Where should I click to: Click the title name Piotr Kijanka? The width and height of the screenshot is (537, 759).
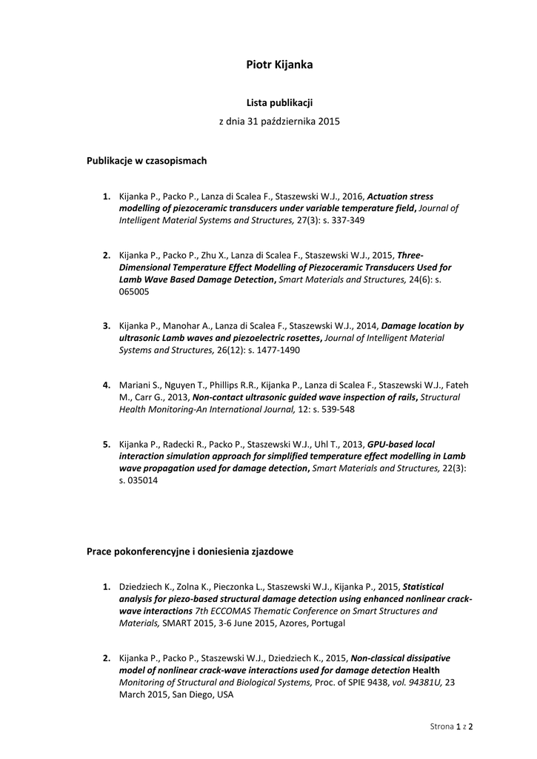tap(279, 65)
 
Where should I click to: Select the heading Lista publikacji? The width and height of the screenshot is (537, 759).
tap(279, 102)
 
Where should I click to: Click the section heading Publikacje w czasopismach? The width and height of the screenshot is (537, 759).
tap(147, 160)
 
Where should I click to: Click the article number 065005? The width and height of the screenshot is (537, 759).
tap(134, 291)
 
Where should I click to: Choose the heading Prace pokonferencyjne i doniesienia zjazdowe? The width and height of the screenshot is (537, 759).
tap(190, 551)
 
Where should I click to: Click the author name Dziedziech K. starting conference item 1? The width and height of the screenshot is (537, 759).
tap(145, 586)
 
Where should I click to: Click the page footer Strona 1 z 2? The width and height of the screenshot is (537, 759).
tap(452, 726)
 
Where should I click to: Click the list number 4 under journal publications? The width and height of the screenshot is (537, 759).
tap(107, 385)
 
